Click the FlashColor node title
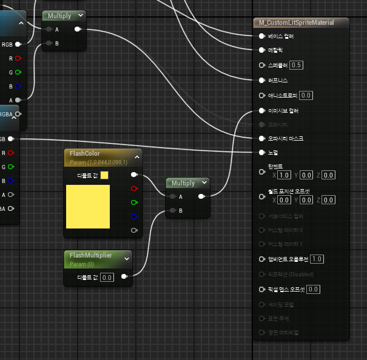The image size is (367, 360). [85, 153]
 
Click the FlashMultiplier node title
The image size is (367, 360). [91, 255]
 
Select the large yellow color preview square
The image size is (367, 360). [87, 207]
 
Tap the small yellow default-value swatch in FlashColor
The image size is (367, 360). [104, 175]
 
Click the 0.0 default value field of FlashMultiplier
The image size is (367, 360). [107, 277]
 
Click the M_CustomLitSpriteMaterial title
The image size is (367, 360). [295, 22]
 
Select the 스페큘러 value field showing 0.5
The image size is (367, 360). [297, 65]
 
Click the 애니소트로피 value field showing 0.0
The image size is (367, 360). [306, 95]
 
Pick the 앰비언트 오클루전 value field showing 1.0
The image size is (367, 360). [317, 259]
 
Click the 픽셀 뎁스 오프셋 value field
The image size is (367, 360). [313, 289]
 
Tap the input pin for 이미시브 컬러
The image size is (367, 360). [261, 111]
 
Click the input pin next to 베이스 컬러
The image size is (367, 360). [261, 36]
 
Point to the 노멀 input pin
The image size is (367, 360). [261, 152]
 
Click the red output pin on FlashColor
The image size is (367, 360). [134, 188]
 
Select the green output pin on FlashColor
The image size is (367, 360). [134, 202]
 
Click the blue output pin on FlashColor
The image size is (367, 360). [134, 216]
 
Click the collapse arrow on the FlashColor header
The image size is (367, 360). [137, 157]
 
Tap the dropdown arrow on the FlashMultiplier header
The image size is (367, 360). [127, 258]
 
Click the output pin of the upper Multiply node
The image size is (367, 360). [77, 28]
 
